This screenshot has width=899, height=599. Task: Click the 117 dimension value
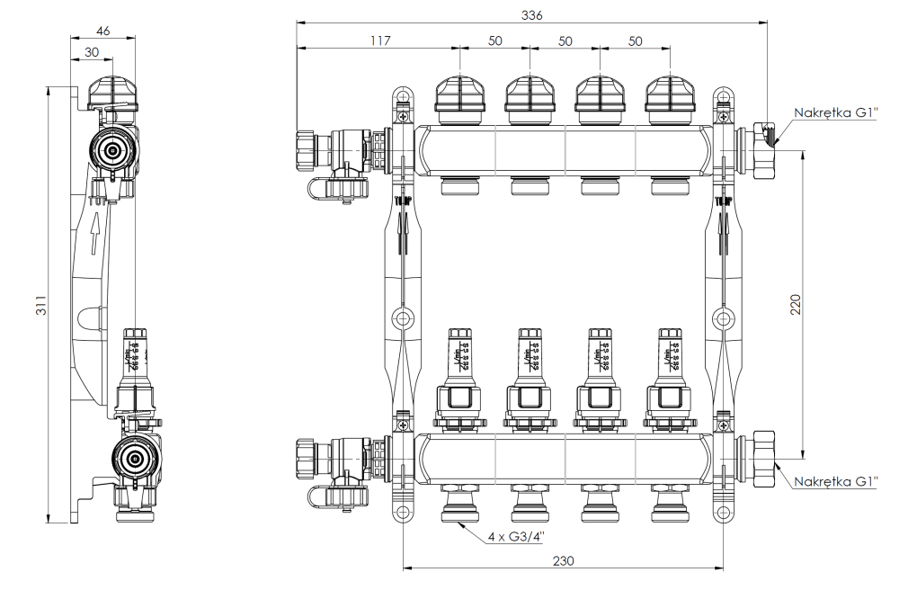378,40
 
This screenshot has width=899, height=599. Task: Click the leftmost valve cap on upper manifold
460,98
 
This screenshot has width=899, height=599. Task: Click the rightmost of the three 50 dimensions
635,40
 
